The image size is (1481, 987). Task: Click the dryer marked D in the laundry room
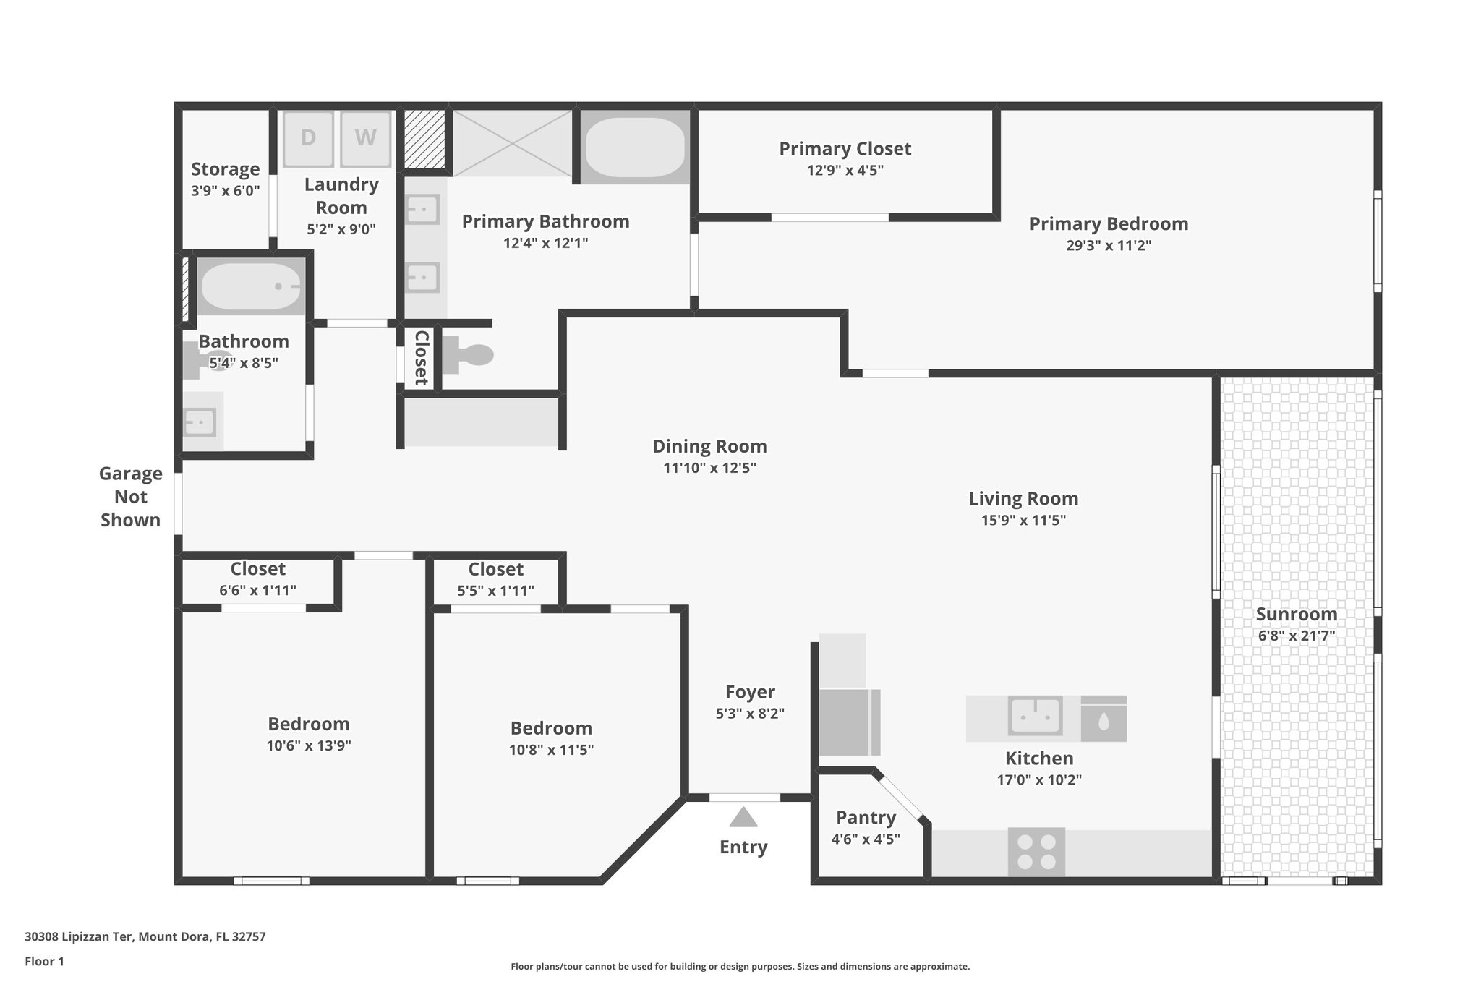pyautogui.click(x=308, y=138)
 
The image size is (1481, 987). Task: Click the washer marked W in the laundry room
pyautogui.click(x=365, y=138)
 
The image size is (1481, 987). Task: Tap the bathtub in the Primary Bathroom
pyautogui.click(x=634, y=147)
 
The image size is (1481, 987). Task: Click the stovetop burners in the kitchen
pyautogui.click(x=1036, y=852)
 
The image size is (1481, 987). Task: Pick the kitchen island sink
pyautogui.click(x=1036, y=717)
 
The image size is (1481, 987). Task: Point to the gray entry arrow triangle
pyautogui.click(x=743, y=818)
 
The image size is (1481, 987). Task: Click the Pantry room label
pyautogui.click(x=866, y=818)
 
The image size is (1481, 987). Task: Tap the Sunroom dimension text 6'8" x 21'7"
pyautogui.click(x=1296, y=636)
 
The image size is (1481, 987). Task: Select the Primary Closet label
pyautogui.click(x=845, y=149)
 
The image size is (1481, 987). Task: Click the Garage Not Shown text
pyautogui.click(x=130, y=497)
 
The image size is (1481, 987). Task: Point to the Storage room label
pyautogui.click(x=225, y=169)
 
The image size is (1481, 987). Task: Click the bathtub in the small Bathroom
pyautogui.click(x=250, y=286)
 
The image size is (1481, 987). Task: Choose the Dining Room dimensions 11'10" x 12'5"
pyautogui.click(x=709, y=468)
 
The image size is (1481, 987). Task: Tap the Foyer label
pyautogui.click(x=750, y=692)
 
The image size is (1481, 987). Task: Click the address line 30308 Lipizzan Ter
pyautogui.click(x=145, y=936)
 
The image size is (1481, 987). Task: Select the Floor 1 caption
pyautogui.click(x=44, y=961)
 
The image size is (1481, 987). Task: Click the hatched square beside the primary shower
pyautogui.click(x=424, y=139)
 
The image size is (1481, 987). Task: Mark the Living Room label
pyautogui.click(x=1023, y=498)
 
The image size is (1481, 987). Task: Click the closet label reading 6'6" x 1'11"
pyautogui.click(x=257, y=590)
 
